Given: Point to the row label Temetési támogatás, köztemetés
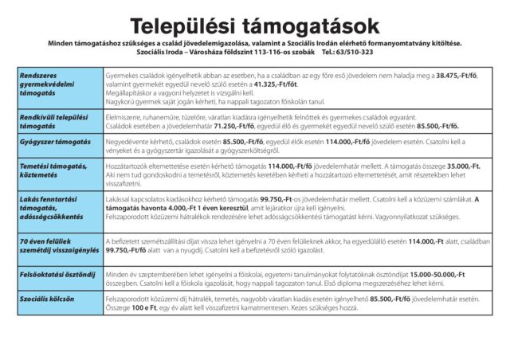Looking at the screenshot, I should point(53,169).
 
